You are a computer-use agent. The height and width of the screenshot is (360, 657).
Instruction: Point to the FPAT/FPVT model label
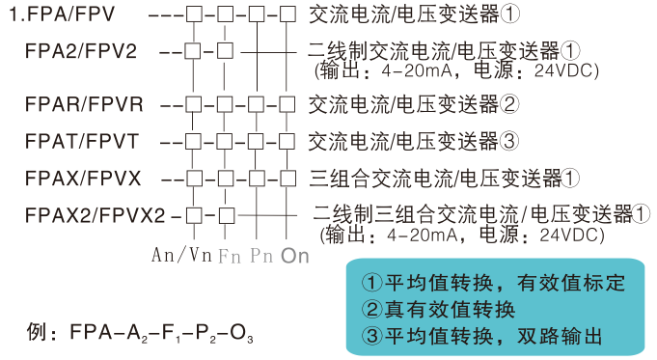point(83,141)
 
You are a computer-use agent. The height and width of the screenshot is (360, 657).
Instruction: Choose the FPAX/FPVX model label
point(84,178)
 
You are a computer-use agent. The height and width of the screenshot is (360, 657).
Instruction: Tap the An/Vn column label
point(181,255)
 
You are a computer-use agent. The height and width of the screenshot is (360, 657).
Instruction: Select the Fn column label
point(229,256)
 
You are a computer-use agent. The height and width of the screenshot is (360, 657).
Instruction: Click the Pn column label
point(260,256)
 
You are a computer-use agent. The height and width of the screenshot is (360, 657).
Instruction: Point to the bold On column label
point(295,256)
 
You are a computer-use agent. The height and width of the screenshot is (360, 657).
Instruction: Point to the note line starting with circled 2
point(439,310)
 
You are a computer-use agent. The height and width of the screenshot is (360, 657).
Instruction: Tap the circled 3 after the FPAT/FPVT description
point(511,141)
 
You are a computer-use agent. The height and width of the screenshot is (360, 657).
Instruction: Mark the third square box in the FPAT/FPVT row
point(257,141)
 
